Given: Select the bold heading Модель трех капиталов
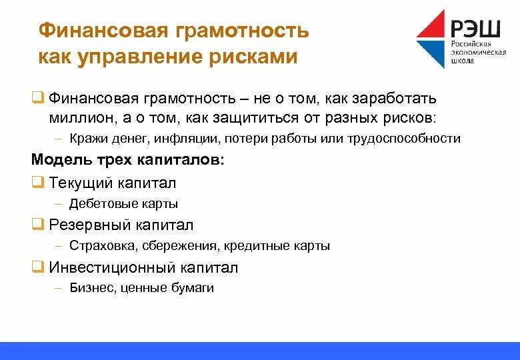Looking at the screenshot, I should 128,160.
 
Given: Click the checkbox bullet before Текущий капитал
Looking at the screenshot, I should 37,181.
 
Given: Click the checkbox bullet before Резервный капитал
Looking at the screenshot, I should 37,224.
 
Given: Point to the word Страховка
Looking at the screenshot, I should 102,246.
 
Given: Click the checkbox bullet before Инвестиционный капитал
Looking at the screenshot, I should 37,267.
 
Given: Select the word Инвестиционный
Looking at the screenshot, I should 112,267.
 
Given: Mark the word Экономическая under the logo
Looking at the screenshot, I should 478,51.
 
